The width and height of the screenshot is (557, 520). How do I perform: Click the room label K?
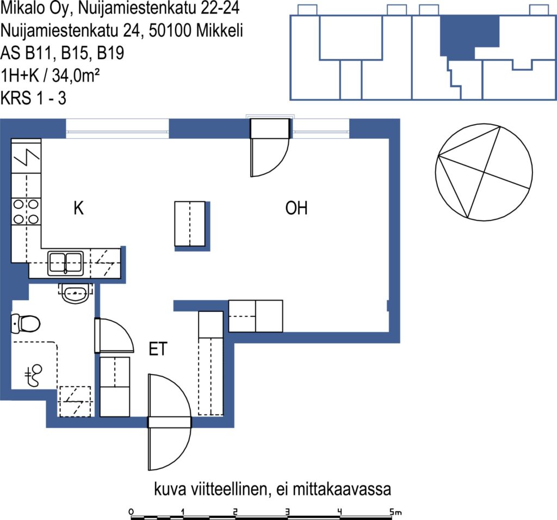tap(78, 208)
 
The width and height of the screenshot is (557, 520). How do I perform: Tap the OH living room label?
tap(296, 208)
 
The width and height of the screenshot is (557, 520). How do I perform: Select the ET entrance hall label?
tap(158, 349)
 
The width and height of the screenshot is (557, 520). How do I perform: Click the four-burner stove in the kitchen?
tap(26, 212)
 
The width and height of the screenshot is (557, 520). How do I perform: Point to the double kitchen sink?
tap(66, 263)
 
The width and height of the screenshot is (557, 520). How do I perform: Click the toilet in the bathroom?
tap(25, 323)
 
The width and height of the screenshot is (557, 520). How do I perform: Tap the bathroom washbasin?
tap(75, 293)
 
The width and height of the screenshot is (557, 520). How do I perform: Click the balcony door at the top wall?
tap(270, 148)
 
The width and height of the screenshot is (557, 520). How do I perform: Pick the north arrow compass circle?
tap(484, 172)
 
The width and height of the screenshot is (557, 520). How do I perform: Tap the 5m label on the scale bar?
tap(395, 512)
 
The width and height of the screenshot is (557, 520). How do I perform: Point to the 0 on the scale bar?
tap(132, 512)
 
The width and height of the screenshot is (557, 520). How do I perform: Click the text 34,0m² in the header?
tap(76, 75)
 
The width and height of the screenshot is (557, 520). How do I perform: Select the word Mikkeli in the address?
tap(220, 30)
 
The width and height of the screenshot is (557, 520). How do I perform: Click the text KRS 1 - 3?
tap(33, 98)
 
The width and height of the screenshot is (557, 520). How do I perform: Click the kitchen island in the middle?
tap(190, 224)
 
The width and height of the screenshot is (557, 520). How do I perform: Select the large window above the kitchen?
tap(117, 129)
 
